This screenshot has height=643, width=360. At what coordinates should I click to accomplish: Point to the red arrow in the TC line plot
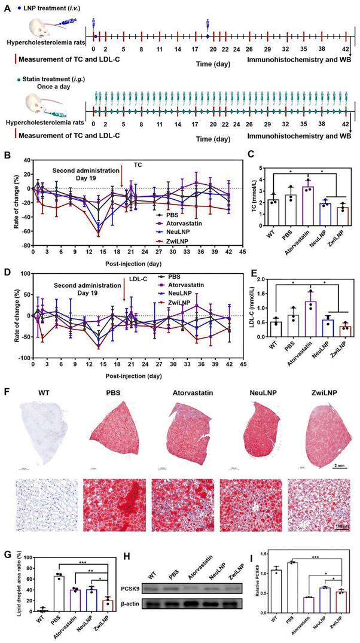pos(122,178)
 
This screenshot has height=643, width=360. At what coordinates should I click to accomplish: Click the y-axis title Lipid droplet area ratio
pos(8,584)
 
